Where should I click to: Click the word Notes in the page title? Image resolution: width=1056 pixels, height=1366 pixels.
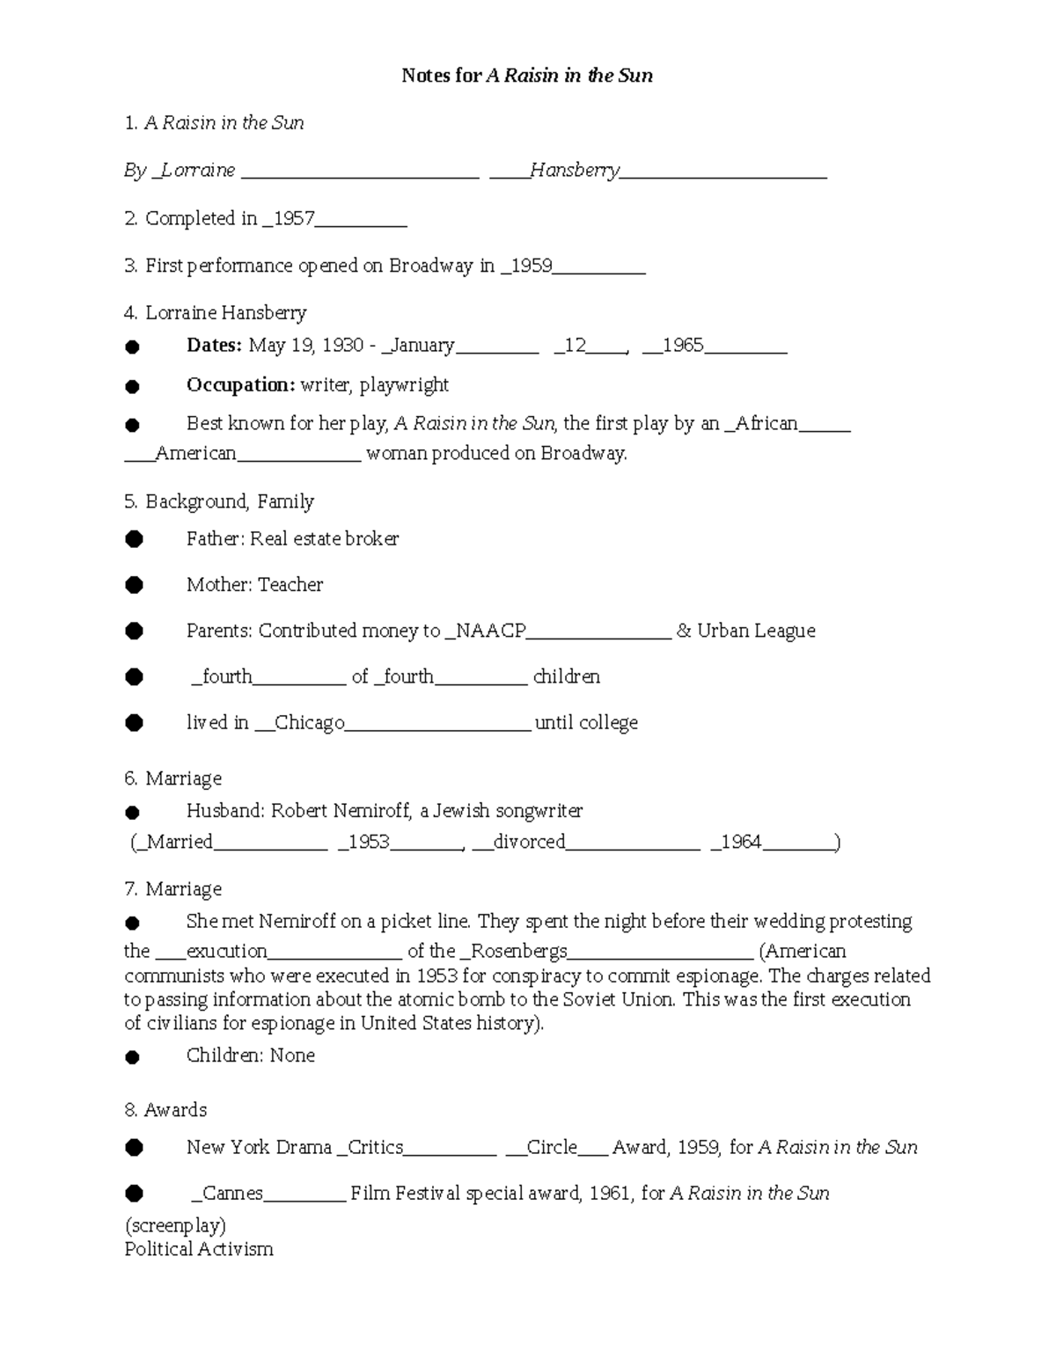tap(427, 76)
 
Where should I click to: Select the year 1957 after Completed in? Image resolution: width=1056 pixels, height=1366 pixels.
tap(294, 218)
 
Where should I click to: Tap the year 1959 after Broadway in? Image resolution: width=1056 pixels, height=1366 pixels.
tap(532, 266)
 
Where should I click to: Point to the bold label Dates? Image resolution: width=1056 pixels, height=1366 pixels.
tap(214, 345)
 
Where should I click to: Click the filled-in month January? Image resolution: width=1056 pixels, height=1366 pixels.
tap(422, 345)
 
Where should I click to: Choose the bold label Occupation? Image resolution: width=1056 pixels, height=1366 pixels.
tap(240, 384)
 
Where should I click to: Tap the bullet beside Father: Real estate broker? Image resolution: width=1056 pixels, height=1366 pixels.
tap(134, 539)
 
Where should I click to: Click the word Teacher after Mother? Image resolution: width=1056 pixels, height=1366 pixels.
tap(290, 585)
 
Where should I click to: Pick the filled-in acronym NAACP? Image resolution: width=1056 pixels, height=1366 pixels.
tap(490, 631)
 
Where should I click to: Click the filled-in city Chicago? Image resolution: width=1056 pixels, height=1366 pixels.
tap(309, 722)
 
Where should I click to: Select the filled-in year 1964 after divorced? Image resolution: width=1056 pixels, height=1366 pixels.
tap(741, 842)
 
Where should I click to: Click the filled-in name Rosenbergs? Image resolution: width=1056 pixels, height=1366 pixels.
tap(519, 951)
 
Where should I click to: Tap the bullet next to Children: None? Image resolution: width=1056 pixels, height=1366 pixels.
tap(133, 1056)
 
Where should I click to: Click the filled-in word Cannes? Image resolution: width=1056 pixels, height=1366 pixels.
tap(232, 1193)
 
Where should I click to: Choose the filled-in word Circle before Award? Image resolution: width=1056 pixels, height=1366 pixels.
tap(552, 1147)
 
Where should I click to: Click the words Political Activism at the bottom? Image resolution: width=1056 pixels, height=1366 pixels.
tap(199, 1249)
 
